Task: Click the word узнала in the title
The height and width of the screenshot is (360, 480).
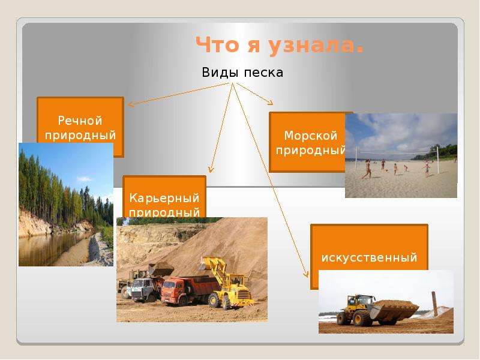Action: [x=316, y=46]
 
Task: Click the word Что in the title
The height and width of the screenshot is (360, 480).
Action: [x=217, y=44]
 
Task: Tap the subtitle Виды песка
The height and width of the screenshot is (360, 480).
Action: [x=242, y=73]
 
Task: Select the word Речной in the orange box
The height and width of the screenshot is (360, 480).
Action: [x=80, y=121]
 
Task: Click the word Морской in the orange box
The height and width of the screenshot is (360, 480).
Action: [x=310, y=136]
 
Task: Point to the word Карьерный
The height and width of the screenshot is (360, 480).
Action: [x=164, y=198]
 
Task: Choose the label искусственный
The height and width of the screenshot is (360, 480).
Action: [x=369, y=257]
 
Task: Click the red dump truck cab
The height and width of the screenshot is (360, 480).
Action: [x=172, y=290]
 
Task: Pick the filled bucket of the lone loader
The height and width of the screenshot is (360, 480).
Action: [x=395, y=310]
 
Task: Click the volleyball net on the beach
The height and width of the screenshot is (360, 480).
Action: [x=397, y=151]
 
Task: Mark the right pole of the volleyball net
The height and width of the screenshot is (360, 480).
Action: [x=438, y=160]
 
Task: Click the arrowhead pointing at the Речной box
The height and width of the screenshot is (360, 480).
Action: [x=130, y=104]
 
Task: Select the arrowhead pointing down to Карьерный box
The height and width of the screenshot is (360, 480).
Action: [x=211, y=170]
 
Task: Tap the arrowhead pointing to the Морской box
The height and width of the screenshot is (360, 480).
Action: [x=270, y=103]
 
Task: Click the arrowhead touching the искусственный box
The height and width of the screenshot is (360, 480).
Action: [x=306, y=274]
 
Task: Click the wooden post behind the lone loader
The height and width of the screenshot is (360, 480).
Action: [x=434, y=304]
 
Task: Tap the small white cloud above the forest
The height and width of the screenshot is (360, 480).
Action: [x=84, y=179]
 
